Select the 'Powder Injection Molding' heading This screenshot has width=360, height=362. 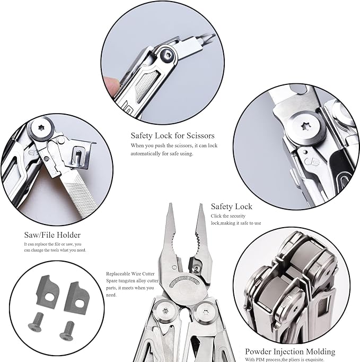coord(289,351)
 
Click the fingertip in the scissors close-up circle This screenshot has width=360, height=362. coord(110,83)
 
